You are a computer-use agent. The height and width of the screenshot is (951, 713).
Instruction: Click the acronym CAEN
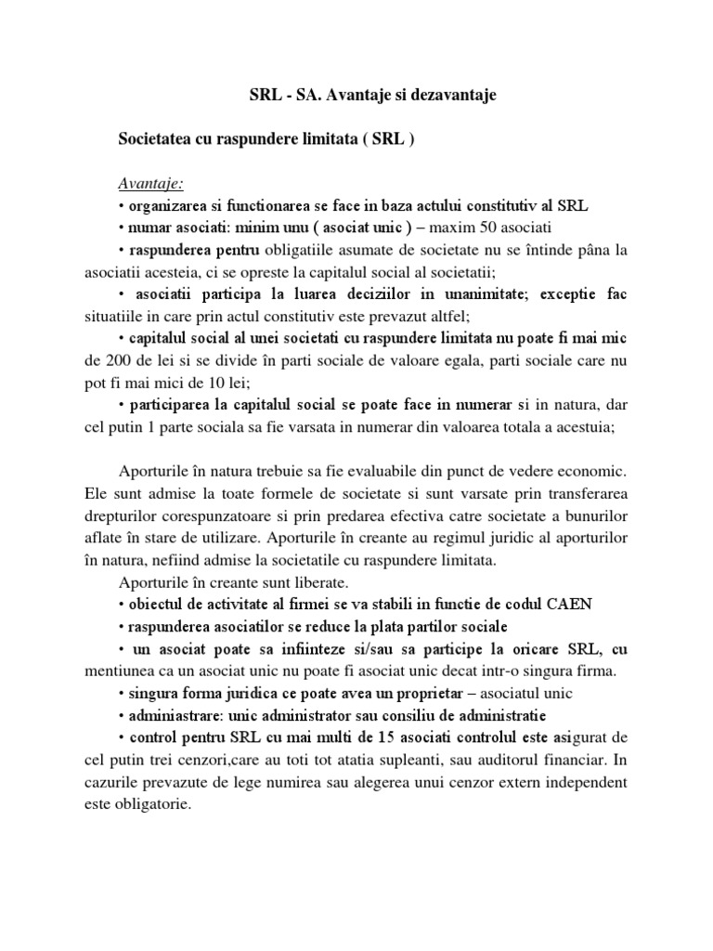coord(576,604)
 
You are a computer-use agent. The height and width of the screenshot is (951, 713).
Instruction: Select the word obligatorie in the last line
coord(150,804)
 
